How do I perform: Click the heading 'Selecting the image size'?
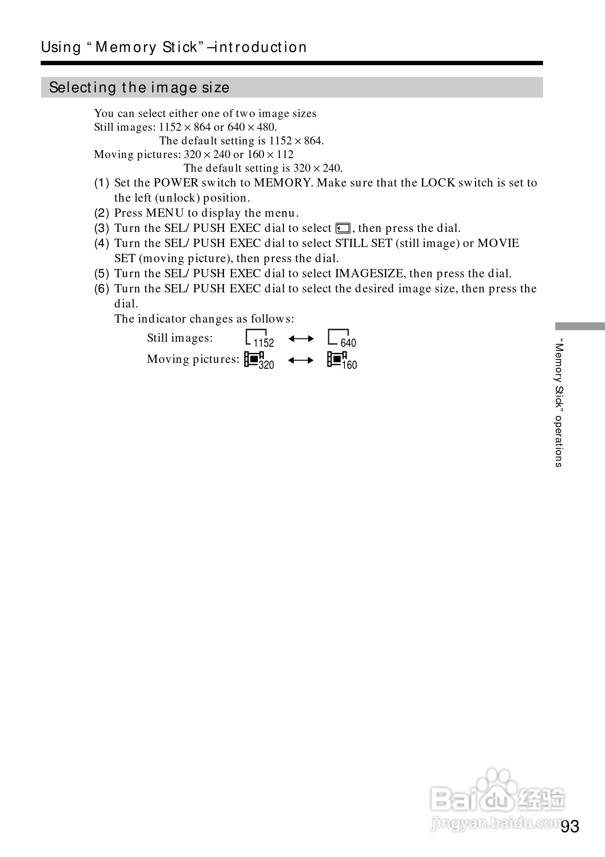point(139,88)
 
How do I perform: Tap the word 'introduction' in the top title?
point(261,48)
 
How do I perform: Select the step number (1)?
point(102,183)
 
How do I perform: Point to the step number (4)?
point(102,243)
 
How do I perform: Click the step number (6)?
point(102,288)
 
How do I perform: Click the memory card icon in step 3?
point(342,228)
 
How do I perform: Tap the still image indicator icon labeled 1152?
point(259,338)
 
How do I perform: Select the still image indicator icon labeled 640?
point(341,338)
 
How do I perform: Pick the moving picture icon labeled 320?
point(259,360)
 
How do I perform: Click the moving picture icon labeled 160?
point(341,360)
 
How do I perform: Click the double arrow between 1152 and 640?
point(301,339)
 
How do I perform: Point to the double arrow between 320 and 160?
point(301,360)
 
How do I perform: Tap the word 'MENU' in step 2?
point(165,213)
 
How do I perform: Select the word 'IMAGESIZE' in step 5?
point(369,274)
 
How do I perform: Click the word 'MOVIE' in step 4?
point(498,243)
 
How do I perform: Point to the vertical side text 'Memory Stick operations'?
point(558,403)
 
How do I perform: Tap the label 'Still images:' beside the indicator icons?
point(180,338)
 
